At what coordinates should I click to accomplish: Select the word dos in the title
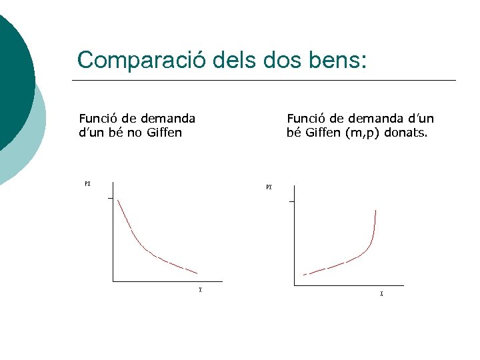pyautogui.click(x=276, y=60)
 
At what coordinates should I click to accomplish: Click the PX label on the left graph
pyautogui.click(x=87, y=184)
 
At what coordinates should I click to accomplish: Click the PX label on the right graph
pyautogui.click(x=269, y=187)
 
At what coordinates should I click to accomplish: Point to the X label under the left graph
pyautogui.click(x=200, y=290)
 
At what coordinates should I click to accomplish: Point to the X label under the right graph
pyautogui.click(x=381, y=293)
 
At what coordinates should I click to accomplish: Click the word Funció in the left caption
pyautogui.click(x=97, y=119)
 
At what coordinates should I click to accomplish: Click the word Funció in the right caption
pyautogui.click(x=305, y=119)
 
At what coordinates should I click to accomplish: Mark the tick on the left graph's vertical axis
pyautogui.click(x=110, y=198)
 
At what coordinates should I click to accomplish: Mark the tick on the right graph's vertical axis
pyautogui.click(x=291, y=201)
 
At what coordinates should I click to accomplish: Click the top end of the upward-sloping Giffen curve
pyautogui.click(x=376, y=211)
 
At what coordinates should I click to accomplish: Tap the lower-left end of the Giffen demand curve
pyautogui.click(x=304, y=275)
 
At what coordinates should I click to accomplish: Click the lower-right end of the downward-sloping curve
pyautogui.click(x=197, y=273)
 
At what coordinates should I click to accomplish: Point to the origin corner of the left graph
pyautogui.click(x=113, y=282)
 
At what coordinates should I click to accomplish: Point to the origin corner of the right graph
pyautogui.click(x=295, y=285)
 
